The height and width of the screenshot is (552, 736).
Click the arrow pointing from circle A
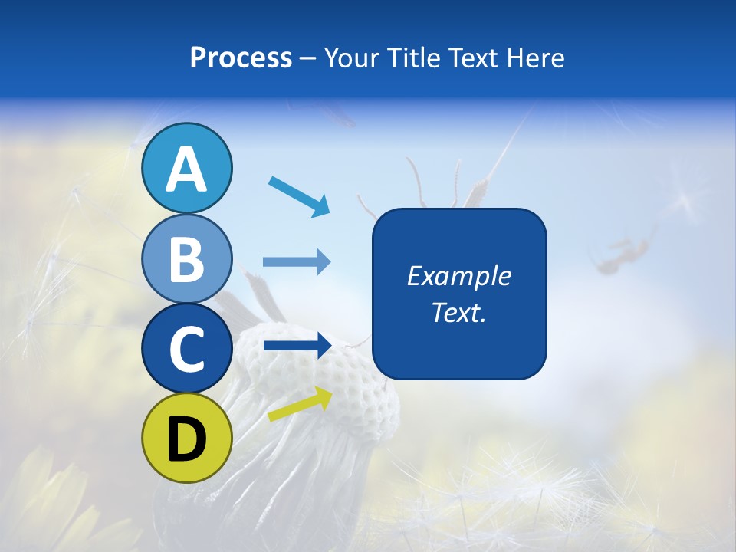pos(299,196)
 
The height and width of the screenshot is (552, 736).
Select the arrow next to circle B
pos(297,262)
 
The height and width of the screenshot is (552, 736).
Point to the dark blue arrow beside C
pos(297,346)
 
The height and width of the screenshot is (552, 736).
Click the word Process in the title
pos(241,58)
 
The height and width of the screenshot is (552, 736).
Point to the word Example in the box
pos(459,276)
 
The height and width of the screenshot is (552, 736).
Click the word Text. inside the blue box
pos(459,312)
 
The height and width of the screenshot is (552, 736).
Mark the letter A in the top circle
pos(187,169)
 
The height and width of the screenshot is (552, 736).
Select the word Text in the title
pos(472,58)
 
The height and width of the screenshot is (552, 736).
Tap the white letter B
pos(187,259)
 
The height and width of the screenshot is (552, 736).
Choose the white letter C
pos(187,349)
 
